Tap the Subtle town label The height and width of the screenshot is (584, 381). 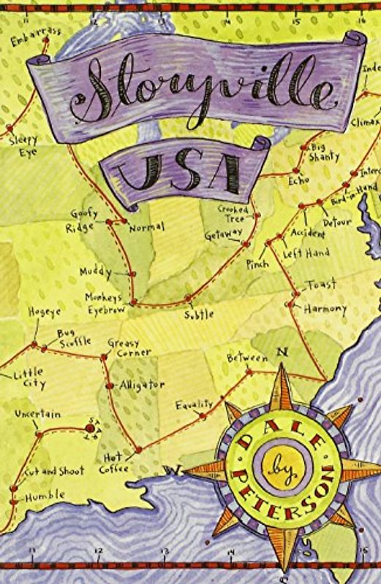tap(199, 314)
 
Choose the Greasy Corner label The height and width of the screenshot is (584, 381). tap(129, 347)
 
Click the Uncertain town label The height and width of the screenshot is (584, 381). tap(37, 415)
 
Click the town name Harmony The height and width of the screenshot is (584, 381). tap(325, 309)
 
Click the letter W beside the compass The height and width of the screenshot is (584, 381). tap(175, 469)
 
